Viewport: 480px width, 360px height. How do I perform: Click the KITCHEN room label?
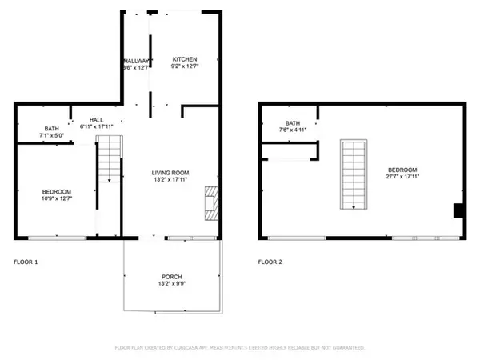click(x=184, y=60)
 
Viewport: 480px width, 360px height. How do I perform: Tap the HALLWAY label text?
click(x=137, y=61)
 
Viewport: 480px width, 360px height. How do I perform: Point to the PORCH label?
click(x=171, y=276)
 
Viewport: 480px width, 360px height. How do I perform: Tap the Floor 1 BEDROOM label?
click(x=57, y=192)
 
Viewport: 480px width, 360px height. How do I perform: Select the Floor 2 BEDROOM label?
click(x=402, y=170)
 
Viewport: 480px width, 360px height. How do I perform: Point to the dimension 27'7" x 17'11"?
click(x=402, y=178)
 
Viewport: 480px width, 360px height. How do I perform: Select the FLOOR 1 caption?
click(x=26, y=262)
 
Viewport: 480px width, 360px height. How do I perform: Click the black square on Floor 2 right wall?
click(x=458, y=210)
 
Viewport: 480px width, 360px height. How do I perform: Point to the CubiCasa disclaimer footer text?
click(x=240, y=348)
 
